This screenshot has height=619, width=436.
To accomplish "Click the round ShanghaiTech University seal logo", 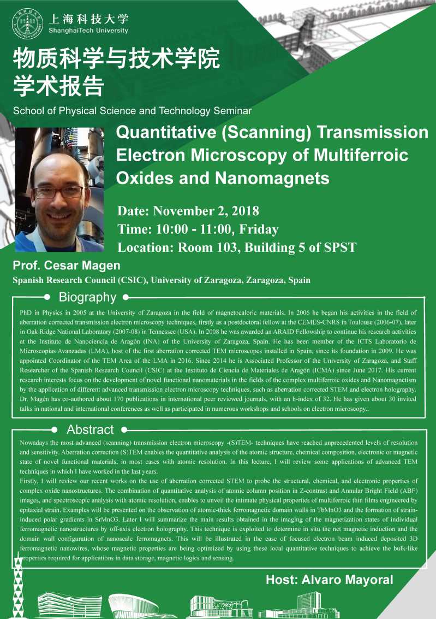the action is tap(27, 23).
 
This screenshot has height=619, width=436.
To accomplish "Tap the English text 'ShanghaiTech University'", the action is tap(88, 31).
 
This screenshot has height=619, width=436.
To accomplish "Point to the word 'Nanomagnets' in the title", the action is tap(272, 178).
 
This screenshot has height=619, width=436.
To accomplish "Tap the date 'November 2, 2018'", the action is tap(206, 211).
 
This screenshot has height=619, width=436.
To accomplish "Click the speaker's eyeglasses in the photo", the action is tap(58, 192).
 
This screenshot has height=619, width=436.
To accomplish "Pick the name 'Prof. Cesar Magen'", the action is tap(67, 266).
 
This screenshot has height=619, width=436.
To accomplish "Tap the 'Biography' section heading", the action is tap(87, 297).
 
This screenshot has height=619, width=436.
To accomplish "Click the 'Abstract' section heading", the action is tap(90, 429).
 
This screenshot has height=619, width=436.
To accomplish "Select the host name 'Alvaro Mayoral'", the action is tap(347, 580).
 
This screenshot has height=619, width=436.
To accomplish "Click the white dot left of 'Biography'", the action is tap(47, 297).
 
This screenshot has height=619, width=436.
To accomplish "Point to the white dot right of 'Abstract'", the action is tap(124, 429).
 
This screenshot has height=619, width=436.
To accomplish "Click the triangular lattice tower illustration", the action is tap(18, 586).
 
